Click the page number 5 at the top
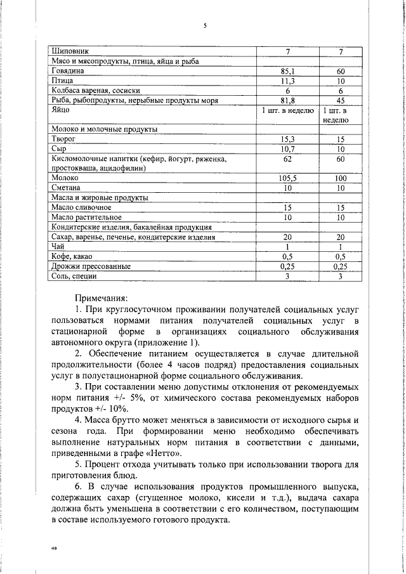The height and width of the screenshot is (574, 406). [x=205, y=26]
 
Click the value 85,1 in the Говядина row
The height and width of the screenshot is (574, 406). [x=287, y=72]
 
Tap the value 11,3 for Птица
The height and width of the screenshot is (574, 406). [x=287, y=81]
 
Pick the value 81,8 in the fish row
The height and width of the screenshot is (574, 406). [x=287, y=100]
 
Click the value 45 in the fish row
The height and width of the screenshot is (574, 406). [x=341, y=100]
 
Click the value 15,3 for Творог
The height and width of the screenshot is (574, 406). [x=287, y=138]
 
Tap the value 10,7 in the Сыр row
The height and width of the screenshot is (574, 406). [x=287, y=148]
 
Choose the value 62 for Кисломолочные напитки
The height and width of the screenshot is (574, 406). [x=287, y=159]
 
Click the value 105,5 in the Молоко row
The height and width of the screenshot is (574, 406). [x=287, y=179]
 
